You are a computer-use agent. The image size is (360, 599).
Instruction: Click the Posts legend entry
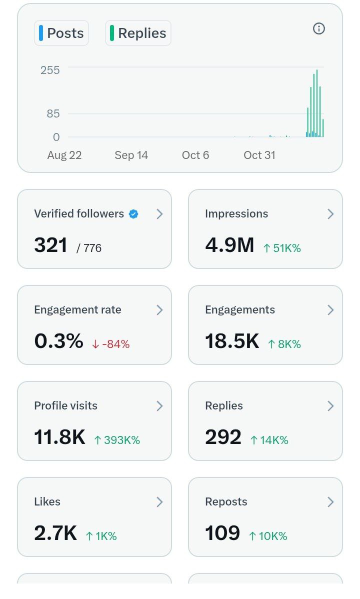[61, 33]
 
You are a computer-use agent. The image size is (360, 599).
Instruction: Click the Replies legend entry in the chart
[138, 33]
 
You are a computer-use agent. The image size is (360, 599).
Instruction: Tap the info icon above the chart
[318, 28]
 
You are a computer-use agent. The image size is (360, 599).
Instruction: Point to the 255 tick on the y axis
[50, 70]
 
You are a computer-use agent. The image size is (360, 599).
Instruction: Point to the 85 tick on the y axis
[53, 113]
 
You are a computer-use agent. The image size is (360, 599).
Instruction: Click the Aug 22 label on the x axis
[64, 155]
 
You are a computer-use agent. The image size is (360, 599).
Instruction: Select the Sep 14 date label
[131, 155]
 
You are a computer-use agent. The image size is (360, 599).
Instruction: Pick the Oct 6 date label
[195, 155]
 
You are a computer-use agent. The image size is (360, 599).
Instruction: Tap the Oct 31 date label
[259, 155]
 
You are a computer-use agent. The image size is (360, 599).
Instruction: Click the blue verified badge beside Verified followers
[133, 214]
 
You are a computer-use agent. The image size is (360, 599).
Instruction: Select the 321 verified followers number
[50, 245]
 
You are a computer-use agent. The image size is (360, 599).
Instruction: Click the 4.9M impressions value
[229, 245]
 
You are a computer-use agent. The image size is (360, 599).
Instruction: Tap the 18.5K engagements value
[232, 341]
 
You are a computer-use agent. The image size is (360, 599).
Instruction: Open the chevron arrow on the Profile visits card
[159, 406]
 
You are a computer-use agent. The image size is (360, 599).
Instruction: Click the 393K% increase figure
[117, 440]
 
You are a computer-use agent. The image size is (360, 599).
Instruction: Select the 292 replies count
[223, 437]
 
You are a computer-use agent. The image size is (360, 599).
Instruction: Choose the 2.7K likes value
[55, 533]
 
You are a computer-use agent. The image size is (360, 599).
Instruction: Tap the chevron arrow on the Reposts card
[330, 502]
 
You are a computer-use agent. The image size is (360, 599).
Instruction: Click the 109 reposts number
[222, 533]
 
